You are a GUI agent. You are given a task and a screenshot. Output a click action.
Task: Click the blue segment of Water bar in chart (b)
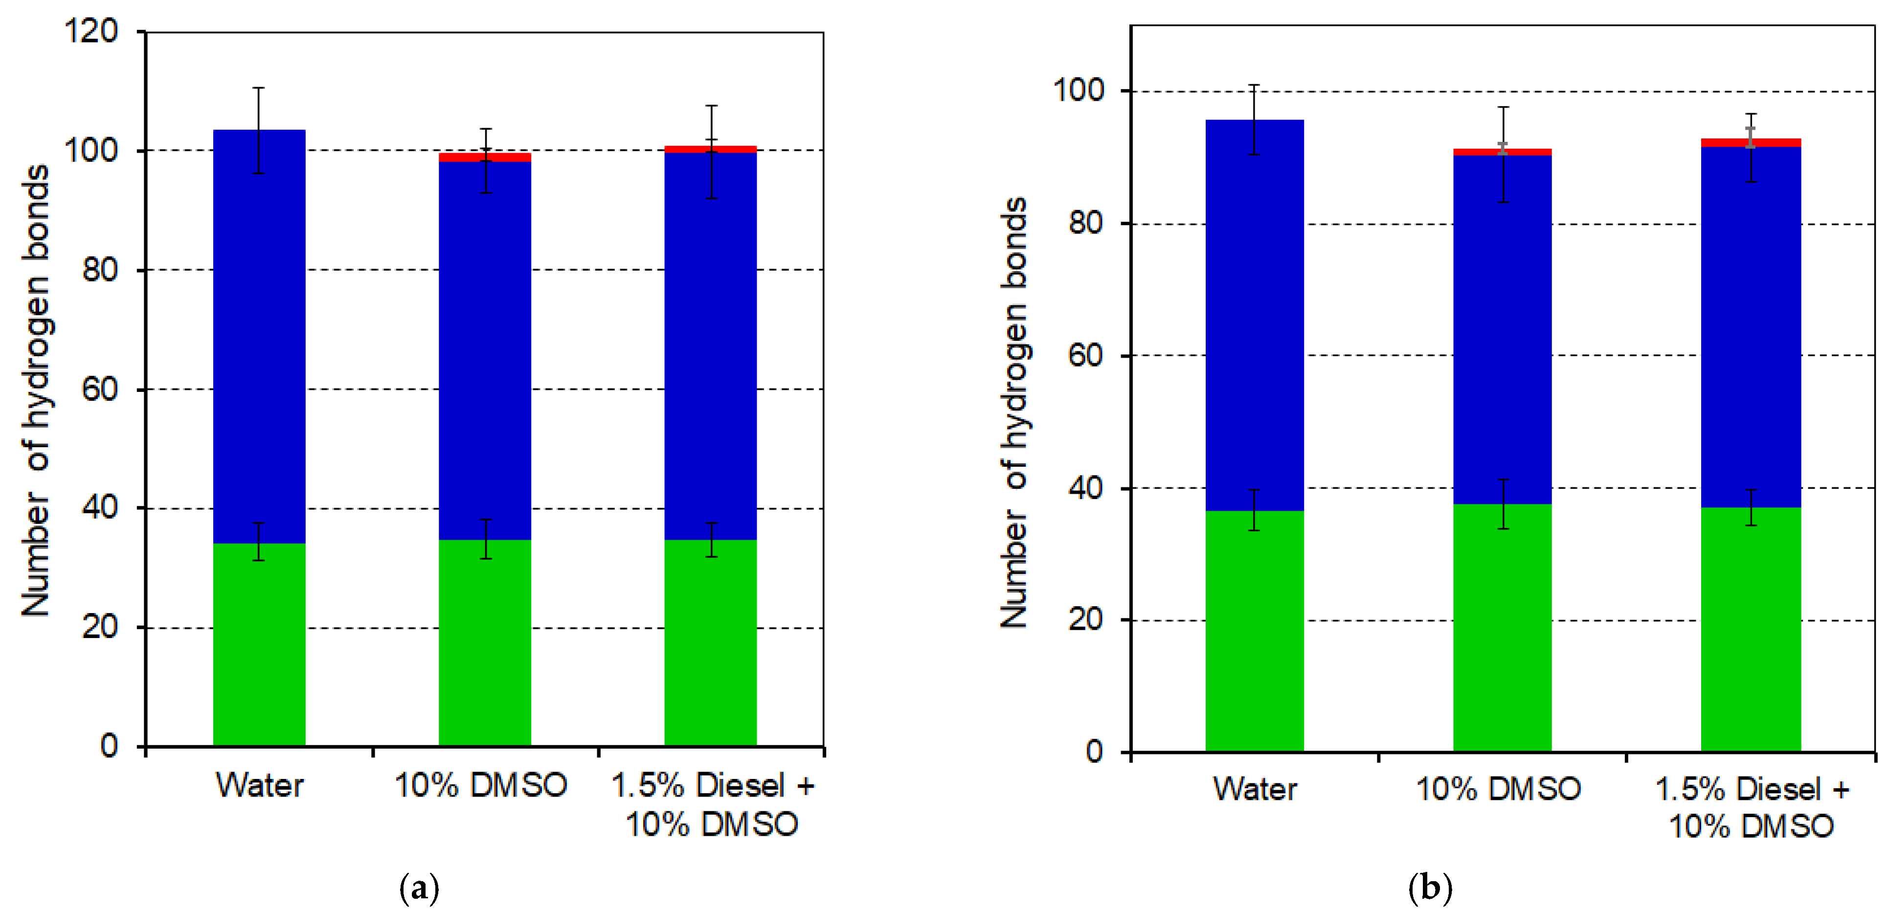click(1254, 315)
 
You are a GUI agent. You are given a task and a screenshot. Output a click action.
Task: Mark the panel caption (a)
click(420, 888)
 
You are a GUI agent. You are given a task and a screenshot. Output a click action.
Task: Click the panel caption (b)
click(1429, 888)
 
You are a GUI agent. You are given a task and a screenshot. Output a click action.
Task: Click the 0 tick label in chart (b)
click(1094, 751)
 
